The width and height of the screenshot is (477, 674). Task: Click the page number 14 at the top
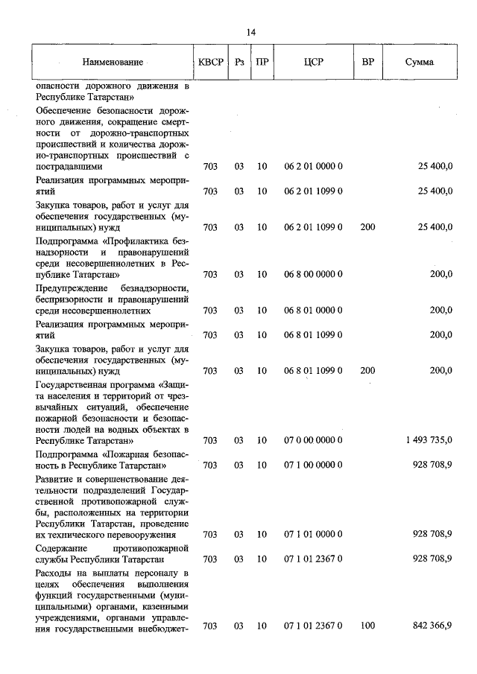tap(250, 32)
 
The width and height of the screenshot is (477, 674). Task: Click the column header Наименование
tap(112, 62)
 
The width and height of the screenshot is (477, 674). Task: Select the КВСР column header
tap(211, 62)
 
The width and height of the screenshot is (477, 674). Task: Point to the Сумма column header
tap(419, 62)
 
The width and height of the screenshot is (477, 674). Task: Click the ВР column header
tap(367, 62)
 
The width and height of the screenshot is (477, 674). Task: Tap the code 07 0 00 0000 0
tap(313, 440)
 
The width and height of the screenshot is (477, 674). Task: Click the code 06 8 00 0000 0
tap(313, 274)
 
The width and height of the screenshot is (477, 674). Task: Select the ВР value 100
tap(367, 626)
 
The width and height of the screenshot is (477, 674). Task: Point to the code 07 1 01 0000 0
tap(313, 534)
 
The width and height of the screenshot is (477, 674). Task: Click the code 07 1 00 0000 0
tap(313, 465)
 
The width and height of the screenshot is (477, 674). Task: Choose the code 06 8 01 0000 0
tap(313, 310)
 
